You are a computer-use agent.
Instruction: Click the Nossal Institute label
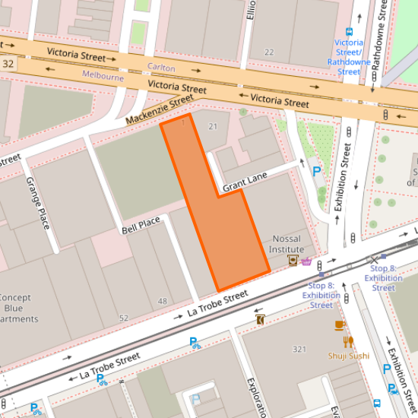pos(287,244)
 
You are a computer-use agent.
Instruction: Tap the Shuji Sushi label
pos(349,356)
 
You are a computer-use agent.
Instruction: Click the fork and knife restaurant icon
pos(348,341)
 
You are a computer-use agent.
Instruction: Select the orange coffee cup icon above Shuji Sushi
pos(340,325)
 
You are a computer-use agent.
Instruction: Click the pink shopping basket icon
pos(306,261)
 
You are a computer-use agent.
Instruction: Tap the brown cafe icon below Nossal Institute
pos(292,261)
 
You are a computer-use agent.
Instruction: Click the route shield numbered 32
pos(8,65)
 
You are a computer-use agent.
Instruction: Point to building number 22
pos(269,52)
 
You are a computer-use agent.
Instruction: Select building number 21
pos(213,125)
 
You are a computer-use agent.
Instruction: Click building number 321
pos(299,349)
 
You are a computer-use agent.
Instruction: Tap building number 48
pos(162,301)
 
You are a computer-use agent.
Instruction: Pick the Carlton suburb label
pos(161,67)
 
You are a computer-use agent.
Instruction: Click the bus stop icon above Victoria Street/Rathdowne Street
pos(349,32)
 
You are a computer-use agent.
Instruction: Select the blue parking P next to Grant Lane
pos(317,172)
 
